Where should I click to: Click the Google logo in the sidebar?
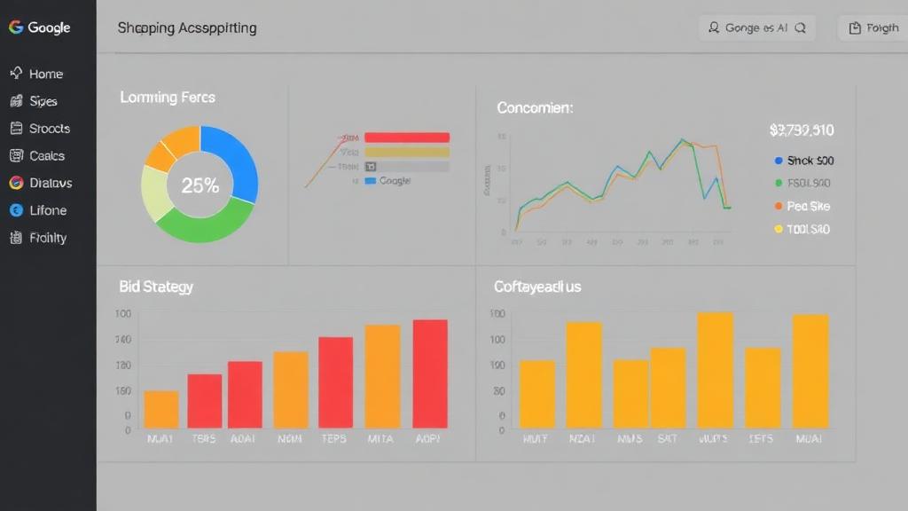[40, 28]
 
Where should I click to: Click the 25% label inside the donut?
[200, 185]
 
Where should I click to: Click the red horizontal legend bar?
[407, 138]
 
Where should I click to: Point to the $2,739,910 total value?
[802, 130]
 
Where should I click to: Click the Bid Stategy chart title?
[156, 287]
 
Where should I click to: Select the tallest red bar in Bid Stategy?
[430, 373]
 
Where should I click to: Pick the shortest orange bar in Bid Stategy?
[161, 409]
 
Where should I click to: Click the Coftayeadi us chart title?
[537, 287]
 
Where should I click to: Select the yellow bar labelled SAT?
[668, 387]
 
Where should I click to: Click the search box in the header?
[756, 28]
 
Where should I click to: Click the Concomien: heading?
[535, 108]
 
